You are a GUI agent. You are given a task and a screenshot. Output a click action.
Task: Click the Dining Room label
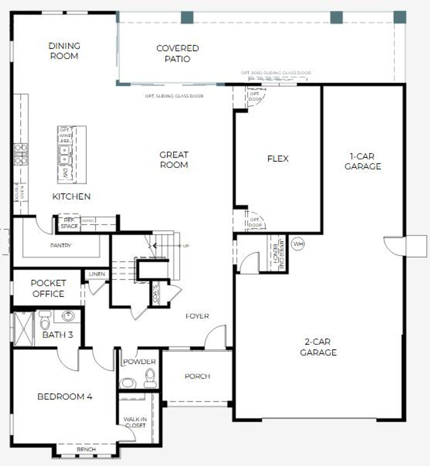pos(64,51)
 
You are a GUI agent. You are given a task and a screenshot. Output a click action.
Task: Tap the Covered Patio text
pos(177,53)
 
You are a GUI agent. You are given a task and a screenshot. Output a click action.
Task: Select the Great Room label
pos(174,160)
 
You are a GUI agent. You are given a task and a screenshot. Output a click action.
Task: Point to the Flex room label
pos(278,158)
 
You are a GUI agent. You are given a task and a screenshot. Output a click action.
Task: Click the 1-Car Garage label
pos(363,161)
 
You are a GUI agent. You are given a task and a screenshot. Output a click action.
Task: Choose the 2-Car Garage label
pos(318,347)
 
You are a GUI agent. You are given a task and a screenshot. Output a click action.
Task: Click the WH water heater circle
pos(298,244)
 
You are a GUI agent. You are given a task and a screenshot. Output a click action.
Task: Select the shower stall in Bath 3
pos(24,328)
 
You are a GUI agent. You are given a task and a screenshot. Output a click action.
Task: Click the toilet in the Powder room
pos(150,378)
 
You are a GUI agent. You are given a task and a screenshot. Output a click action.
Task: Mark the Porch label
pos(197,376)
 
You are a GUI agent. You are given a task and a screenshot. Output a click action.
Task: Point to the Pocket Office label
pos(49,288)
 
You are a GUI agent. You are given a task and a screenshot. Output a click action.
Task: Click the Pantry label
pos(61,245)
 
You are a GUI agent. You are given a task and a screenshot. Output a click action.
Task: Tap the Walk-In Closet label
pos(134,422)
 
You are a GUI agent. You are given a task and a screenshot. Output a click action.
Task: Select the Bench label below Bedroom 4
pos(86,449)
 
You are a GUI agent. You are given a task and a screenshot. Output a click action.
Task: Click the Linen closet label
pos(97,274)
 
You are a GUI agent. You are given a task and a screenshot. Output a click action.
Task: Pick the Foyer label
pos(197,316)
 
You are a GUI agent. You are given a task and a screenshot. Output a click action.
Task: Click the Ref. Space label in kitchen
pos(69,223)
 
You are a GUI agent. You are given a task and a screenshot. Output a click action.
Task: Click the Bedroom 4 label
pos(65,396)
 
